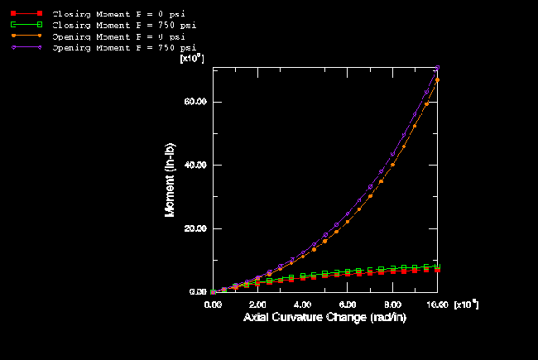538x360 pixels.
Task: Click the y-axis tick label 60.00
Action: (x=195, y=102)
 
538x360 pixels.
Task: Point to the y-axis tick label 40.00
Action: (x=195, y=166)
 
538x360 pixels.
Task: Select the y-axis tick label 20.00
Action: (x=195, y=228)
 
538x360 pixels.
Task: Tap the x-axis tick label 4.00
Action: (x=302, y=305)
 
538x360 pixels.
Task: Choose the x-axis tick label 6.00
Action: (x=347, y=305)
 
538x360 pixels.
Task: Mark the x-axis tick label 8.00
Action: (x=391, y=305)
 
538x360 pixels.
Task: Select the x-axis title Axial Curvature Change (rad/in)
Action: (x=325, y=318)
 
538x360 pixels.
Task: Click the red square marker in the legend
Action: (x=14, y=15)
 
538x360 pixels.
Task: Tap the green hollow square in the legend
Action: (x=14, y=26)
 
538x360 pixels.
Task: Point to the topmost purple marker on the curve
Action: (x=437, y=68)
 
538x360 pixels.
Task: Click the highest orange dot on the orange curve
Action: (x=437, y=79)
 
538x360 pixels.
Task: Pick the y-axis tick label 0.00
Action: (x=197, y=292)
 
